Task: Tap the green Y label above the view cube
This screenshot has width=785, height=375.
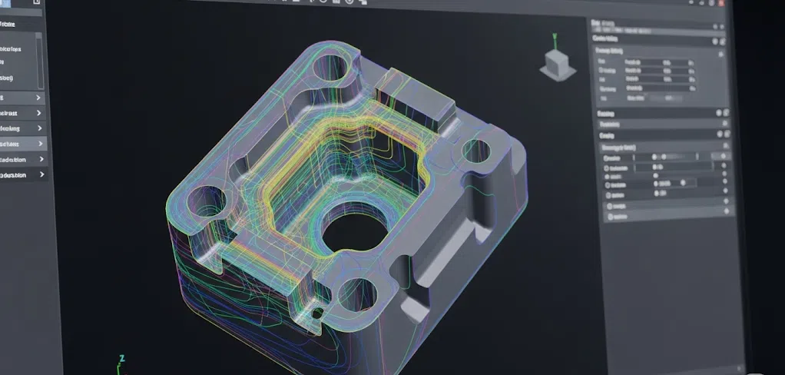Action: (x=554, y=36)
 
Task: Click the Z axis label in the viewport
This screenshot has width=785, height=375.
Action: (x=121, y=359)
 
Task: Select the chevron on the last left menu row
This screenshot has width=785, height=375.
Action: (x=40, y=175)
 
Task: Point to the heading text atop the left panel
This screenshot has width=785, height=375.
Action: (x=15, y=25)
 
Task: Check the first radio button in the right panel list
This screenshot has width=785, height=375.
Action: (x=608, y=157)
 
